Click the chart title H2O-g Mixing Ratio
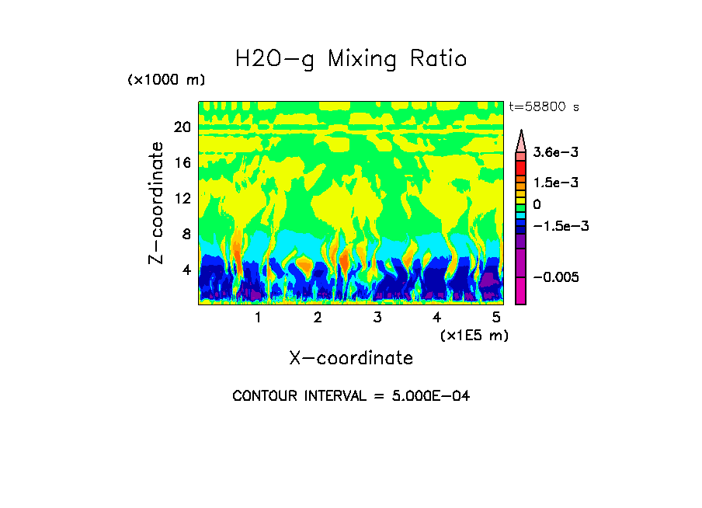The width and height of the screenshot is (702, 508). pyautogui.click(x=351, y=59)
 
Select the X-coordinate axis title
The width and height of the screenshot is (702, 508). pyautogui.click(x=351, y=358)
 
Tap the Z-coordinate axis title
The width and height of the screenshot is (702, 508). pyautogui.click(x=157, y=203)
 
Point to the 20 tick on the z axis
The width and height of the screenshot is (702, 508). pyautogui.click(x=182, y=127)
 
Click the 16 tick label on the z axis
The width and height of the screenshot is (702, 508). pyautogui.click(x=182, y=163)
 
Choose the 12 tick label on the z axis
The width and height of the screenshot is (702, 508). pyautogui.click(x=182, y=199)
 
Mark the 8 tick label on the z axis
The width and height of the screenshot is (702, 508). pyautogui.click(x=186, y=235)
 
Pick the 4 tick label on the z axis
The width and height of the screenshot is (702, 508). pyautogui.click(x=186, y=270)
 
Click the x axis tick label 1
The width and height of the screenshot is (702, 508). pyautogui.click(x=258, y=318)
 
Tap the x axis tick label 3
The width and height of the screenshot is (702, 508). pyautogui.click(x=377, y=318)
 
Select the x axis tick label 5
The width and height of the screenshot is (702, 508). pyautogui.click(x=496, y=318)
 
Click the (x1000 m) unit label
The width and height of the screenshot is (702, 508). pyautogui.click(x=166, y=81)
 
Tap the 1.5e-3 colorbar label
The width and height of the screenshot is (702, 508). pyautogui.click(x=551, y=183)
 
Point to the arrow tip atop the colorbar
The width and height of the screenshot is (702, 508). pyautogui.click(x=521, y=132)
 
